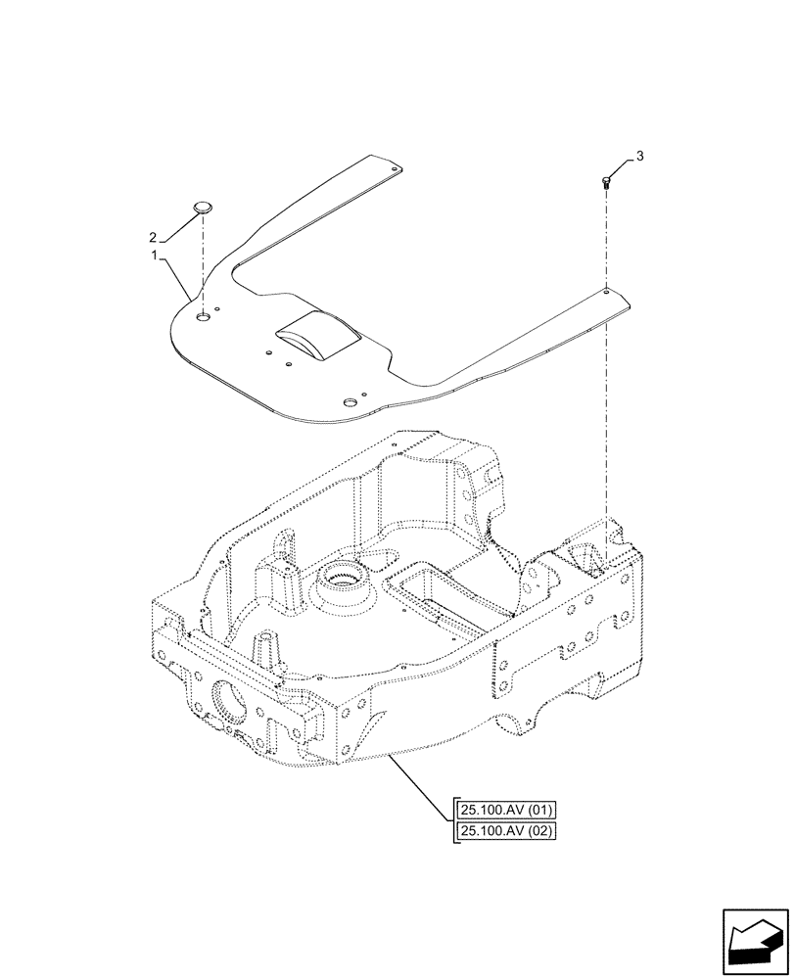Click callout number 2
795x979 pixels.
153,237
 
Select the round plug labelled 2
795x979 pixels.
204,207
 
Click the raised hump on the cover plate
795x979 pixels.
316,336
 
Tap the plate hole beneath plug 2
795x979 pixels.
203,316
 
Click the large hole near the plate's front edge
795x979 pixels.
349,402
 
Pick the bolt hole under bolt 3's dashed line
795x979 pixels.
607,291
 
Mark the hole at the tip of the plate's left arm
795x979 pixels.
395,169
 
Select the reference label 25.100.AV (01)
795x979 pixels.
505,810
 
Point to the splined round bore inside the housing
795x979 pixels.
342,586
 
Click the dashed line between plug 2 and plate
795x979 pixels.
204,264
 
